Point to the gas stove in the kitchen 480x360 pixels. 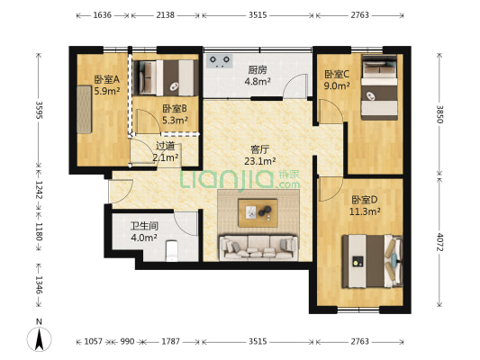click(219, 61)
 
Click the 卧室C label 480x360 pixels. click(337, 75)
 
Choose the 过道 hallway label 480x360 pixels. click(165, 146)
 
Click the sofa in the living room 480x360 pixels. click(258, 246)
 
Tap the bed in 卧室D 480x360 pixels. click(369, 261)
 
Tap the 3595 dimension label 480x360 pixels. click(38, 109)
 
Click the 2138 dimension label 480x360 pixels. click(165, 15)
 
